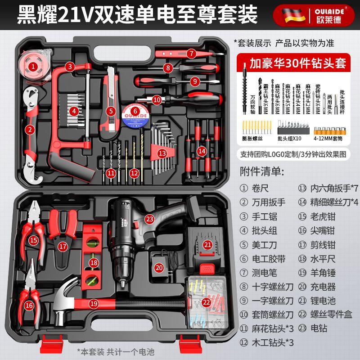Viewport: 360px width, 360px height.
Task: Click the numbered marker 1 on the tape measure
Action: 33,67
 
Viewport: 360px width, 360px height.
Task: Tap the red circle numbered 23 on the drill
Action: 149,219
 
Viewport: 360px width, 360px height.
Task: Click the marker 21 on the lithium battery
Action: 207,245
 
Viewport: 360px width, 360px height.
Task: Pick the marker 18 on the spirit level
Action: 94,262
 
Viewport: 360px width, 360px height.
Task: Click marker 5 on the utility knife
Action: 111,110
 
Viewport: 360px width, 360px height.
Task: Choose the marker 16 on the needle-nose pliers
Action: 29,305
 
